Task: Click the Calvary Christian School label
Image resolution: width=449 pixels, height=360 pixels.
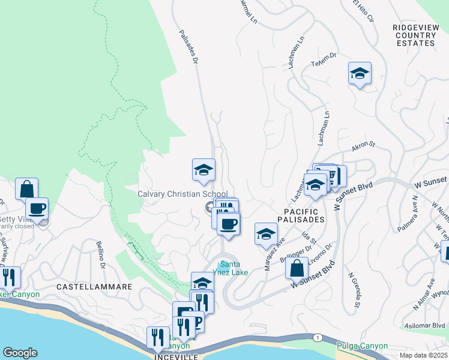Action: coord(182,194)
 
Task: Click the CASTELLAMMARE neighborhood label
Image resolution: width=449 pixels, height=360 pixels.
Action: coord(94,287)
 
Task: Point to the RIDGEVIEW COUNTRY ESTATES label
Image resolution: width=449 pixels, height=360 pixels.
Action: coord(414,35)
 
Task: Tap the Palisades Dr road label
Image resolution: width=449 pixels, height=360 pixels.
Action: coord(188,47)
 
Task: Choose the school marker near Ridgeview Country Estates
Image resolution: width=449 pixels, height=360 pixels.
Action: coord(360,74)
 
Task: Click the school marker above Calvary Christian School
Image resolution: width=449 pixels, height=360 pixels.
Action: coord(203,170)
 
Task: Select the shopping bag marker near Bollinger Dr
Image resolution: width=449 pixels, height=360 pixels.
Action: coord(297,268)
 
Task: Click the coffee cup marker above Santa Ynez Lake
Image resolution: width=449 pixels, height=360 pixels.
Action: coord(228,224)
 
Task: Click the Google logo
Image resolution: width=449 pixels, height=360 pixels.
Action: coord(20,353)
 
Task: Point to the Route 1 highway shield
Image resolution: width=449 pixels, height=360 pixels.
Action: coord(316,338)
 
